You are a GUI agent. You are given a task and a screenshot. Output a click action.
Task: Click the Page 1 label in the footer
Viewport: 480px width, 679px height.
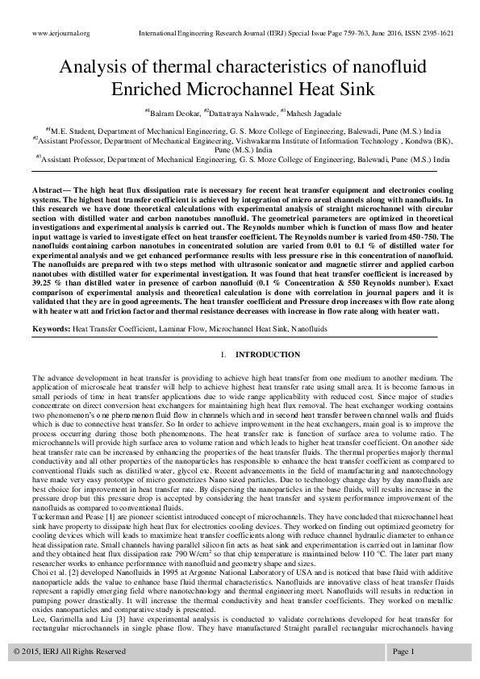coord(403,651)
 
